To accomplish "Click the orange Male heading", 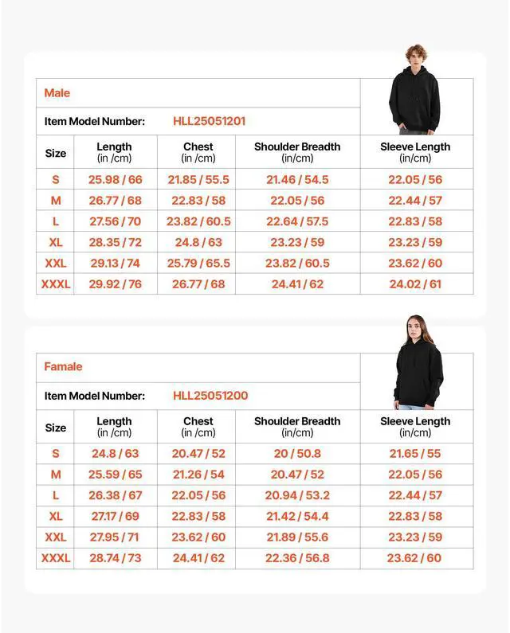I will tap(57, 93).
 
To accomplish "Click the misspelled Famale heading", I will tap(63, 367).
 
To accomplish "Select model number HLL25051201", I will tap(209, 122).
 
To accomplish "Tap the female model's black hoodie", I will tap(418, 374).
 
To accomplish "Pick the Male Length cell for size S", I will tap(115, 180).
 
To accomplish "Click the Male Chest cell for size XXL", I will tap(198, 264).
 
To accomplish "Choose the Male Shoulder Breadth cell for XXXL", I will tap(297, 284).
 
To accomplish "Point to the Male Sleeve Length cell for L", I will tap(415, 222).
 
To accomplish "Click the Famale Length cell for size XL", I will tap(115, 517).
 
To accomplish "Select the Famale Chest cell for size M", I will tap(198, 475).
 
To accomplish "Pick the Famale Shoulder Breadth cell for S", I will tap(297, 454).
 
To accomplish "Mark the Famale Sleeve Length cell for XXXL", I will tap(414, 558).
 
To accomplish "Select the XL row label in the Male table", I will tap(56, 243).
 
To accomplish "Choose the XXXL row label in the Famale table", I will tap(56, 558).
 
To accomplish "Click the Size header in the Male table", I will tap(56, 153).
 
